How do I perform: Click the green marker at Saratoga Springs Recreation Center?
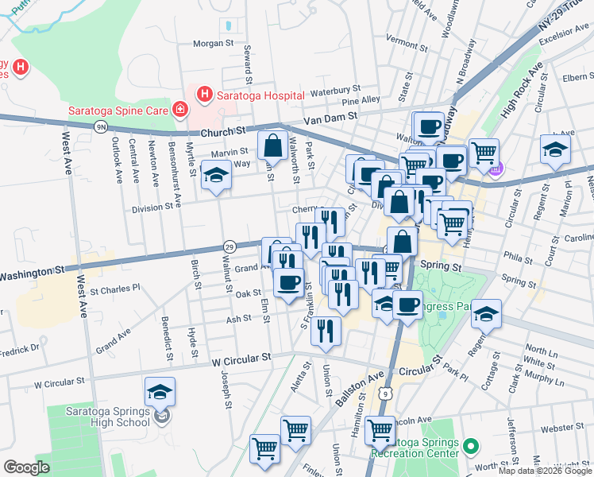(469, 447)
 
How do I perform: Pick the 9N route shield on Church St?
(100, 126)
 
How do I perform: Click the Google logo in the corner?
(26, 467)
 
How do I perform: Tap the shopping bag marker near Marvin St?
(272, 146)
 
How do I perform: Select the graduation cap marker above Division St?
(215, 176)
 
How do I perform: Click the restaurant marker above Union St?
(324, 331)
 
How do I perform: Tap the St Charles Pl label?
(115, 289)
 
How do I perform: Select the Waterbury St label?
(335, 91)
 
